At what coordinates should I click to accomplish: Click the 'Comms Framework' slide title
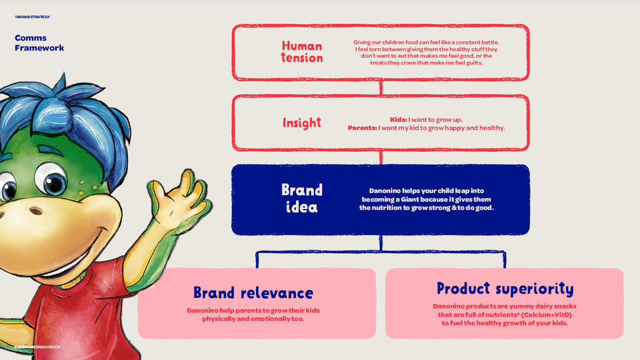tap(39, 43)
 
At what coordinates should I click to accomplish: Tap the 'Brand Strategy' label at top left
tap(32, 17)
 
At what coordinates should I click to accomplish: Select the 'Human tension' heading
tap(302, 52)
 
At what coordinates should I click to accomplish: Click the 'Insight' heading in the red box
tap(301, 123)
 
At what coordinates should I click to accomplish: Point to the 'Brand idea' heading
tap(302, 198)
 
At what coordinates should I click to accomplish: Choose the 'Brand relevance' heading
tap(253, 292)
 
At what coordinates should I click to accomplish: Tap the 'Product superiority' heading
tap(505, 288)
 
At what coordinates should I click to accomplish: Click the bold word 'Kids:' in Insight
tap(398, 119)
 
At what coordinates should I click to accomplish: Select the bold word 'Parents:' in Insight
tap(362, 128)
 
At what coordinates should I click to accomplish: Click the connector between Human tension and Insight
tap(381, 87)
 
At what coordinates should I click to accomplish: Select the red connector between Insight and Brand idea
tap(381, 157)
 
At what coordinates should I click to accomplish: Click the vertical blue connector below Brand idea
tap(381, 243)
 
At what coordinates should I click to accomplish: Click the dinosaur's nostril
tap(36, 211)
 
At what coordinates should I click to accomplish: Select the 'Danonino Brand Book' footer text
tap(37, 347)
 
